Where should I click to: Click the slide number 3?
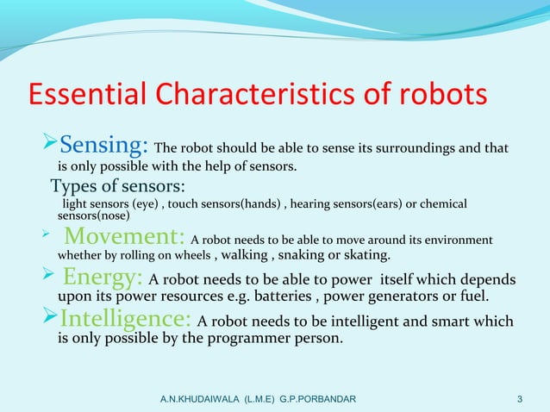[x=519, y=398]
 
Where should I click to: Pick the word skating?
[x=367, y=256]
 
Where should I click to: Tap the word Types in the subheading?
[x=72, y=186]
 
